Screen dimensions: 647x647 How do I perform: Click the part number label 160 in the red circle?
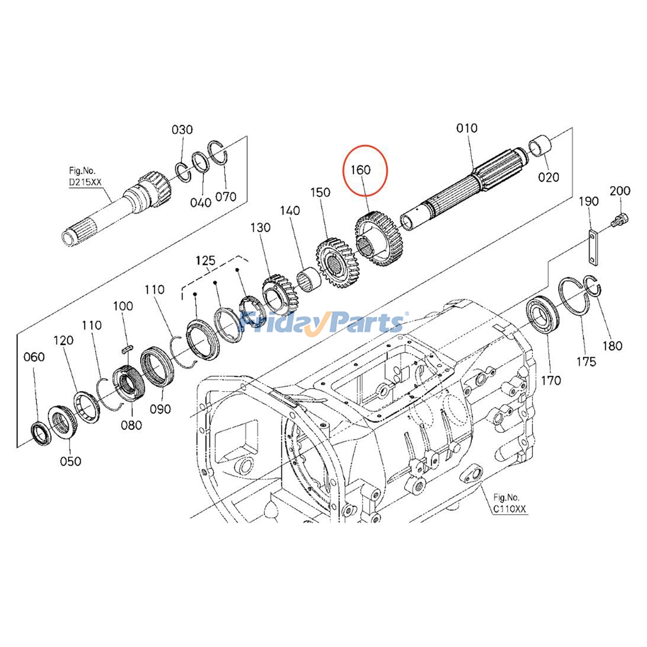[360, 170]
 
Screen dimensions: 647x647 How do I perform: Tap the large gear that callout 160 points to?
[378, 239]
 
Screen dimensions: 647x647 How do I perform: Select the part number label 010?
[467, 129]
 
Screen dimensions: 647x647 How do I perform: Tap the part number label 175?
[586, 362]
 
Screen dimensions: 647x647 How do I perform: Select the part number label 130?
[260, 228]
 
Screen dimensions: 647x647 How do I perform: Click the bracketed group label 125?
[205, 261]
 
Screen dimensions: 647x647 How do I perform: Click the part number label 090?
[161, 409]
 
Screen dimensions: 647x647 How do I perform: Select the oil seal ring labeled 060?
[41, 433]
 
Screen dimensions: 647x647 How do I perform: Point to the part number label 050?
[70, 461]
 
